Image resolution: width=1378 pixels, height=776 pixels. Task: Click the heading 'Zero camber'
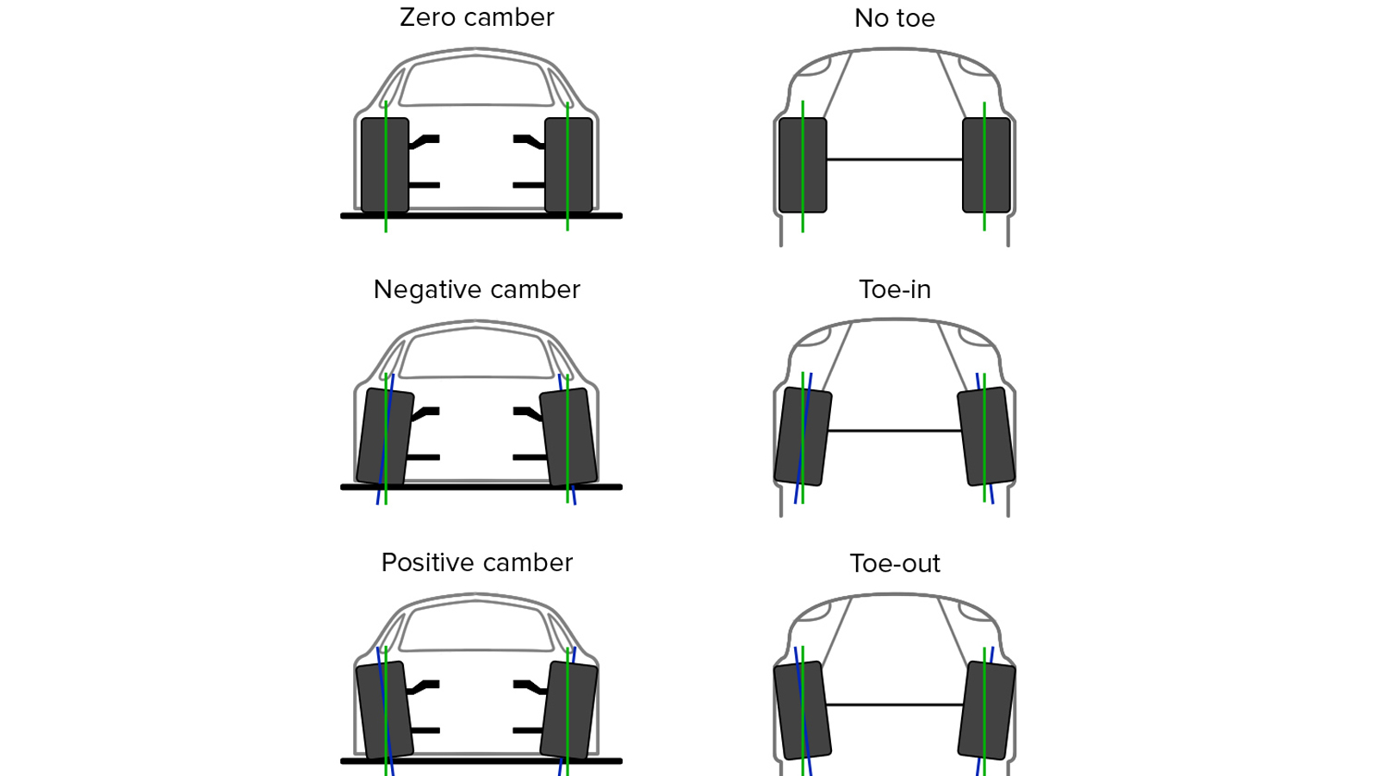pos(477,17)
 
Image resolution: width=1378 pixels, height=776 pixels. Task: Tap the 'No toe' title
pos(895,18)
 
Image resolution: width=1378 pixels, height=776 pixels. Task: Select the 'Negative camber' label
pos(477,290)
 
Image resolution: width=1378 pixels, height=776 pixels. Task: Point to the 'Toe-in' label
pos(895,290)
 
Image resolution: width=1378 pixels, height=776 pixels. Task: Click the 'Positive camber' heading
pos(477,562)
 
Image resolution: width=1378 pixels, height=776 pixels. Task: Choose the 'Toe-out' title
pos(895,563)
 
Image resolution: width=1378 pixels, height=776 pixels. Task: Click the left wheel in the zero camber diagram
pos(385,165)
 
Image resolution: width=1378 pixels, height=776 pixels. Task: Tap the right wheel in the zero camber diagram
pos(568,165)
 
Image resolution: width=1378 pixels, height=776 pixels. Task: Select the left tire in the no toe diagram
pos(803,165)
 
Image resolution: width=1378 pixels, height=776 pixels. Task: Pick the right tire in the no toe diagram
pos(986,165)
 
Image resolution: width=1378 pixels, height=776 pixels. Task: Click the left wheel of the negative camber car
pos(385,437)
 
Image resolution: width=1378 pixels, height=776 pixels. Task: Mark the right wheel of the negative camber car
pos(568,437)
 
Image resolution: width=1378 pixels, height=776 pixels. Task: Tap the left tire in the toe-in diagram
pos(803,437)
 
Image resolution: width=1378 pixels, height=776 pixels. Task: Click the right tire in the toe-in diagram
pos(986,437)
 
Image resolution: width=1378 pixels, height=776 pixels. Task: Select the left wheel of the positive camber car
pos(385,711)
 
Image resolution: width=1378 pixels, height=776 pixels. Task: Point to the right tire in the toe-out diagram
pos(986,711)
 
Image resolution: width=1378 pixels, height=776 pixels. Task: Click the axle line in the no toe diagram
pos(895,159)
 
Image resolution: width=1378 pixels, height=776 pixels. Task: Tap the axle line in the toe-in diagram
pos(895,430)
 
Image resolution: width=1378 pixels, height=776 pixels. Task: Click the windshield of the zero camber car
pos(476,81)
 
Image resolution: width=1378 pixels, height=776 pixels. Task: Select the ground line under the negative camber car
pos(481,487)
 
